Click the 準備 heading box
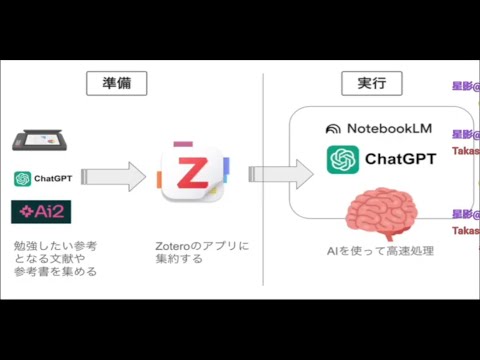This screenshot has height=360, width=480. pyautogui.click(x=116, y=84)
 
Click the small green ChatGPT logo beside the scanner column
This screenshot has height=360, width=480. pyautogui.click(x=21, y=179)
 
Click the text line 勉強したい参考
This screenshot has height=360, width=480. pyautogui.click(x=55, y=245)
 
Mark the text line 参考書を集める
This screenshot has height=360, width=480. pyautogui.click(x=55, y=271)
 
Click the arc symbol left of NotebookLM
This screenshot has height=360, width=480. pyautogui.click(x=334, y=129)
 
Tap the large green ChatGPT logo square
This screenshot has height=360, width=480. pyautogui.click(x=342, y=159)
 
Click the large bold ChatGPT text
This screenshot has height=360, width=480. pyautogui.click(x=400, y=159)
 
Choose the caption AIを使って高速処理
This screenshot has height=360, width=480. pyautogui.click(x=380, y=250)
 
